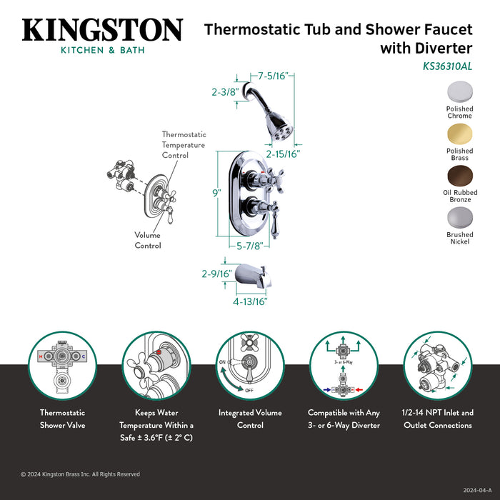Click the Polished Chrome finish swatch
point(459,92)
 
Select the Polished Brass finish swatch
point(459,134)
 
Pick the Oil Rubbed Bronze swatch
point(460,176)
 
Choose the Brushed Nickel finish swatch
point(460,218)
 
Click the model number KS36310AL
point(447,66)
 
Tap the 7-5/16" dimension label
point(273,76)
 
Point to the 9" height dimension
point(217,193)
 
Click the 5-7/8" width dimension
point(250,246)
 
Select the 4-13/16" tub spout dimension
point(250,301)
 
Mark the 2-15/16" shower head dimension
point(283,154)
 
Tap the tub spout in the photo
point(253,276)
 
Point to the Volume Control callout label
point(148,240)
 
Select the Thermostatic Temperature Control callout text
point(184,145)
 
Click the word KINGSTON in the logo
point(102,30)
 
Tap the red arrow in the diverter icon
point(359,390)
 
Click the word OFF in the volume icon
point(249,390)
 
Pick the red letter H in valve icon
point(41,356)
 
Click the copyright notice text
point(80,474)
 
